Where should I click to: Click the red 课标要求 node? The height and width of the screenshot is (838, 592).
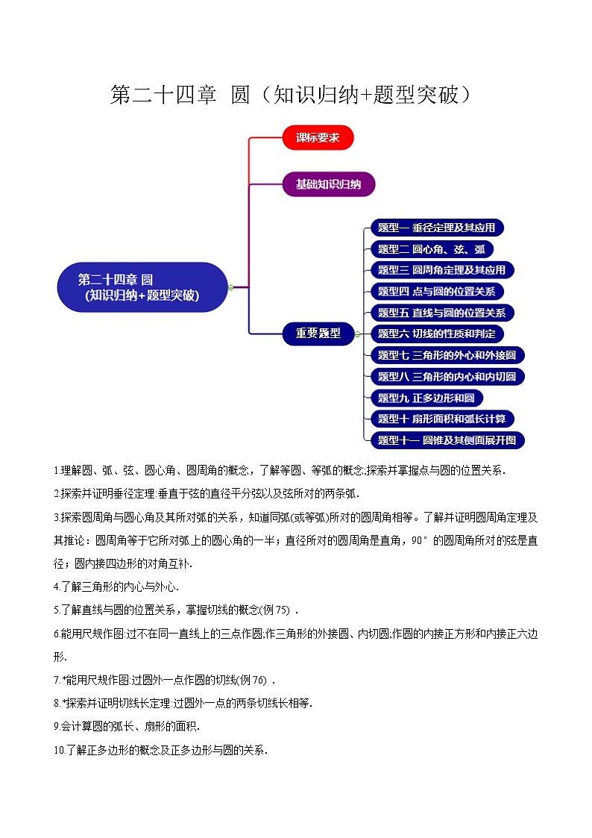(x=318, y=137)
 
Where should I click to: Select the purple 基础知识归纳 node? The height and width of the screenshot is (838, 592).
(x=328, y=184)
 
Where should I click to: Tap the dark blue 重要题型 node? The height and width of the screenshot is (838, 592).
(x=318, y=334)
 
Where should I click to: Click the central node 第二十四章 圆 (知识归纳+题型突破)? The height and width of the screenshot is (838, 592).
(x=142, y=287)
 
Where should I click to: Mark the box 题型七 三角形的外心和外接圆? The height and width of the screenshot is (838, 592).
(x=447, y=355)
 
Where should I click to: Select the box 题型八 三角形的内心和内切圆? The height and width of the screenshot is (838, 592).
(x=447, y=376)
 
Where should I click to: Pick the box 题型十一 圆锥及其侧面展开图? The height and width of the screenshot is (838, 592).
(x=447, y=440)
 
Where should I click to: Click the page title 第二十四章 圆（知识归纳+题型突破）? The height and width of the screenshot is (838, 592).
(x=292, y=95)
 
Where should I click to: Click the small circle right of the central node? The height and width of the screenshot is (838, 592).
(x=231, y=287)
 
